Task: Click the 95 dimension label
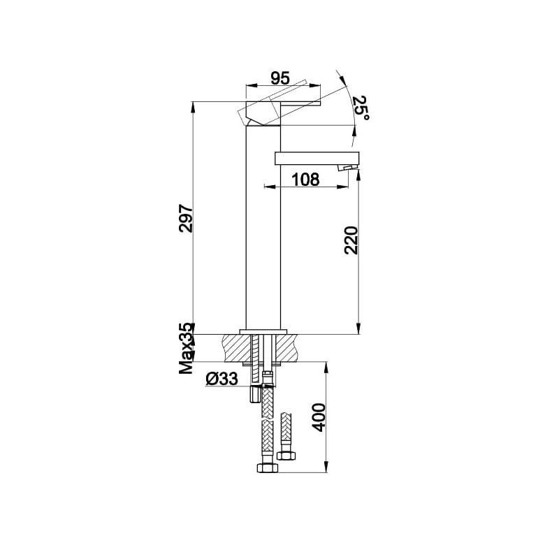tap(280, 78)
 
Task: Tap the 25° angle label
tap(361, 108)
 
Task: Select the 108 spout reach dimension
tap(305, 180)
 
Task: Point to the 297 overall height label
tap(186, 218)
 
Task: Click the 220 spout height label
tap(351, 240)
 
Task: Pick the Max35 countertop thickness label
tap(186, 349)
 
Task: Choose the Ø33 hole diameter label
tap(222, 379)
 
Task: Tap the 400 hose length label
tap(319, 417)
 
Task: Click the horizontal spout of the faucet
tap(317, 159)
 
